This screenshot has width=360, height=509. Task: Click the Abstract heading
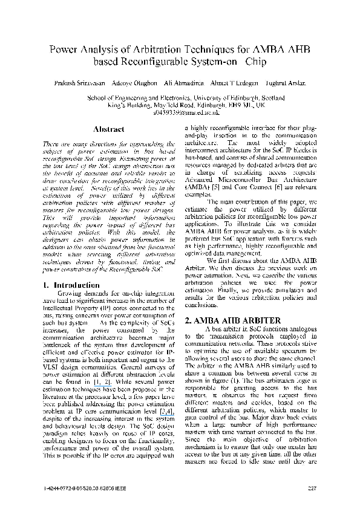point(109,129)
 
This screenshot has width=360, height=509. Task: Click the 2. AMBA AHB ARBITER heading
point(232,320)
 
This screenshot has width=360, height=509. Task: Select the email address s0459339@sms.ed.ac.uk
point(180,112)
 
